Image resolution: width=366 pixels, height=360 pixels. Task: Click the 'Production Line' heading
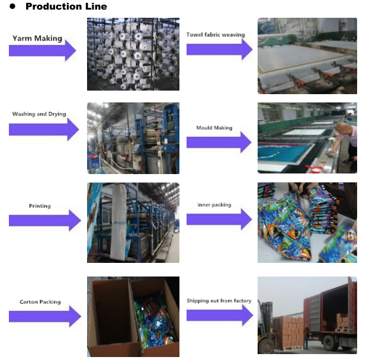[66, 7]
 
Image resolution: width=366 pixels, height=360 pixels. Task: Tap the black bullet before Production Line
[12, 7]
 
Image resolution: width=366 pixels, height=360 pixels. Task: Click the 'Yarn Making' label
[37, 38]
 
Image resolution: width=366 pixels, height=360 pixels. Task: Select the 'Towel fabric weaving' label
[216, 34]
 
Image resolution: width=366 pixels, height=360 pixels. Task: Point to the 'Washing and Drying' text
[39, 114]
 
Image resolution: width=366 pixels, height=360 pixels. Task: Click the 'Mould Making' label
[214, 127]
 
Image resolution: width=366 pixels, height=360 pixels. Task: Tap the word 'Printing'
[40, 206]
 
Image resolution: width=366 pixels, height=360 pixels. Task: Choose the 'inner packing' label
[214, 205]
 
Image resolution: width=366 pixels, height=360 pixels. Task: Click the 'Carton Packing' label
[39, 302]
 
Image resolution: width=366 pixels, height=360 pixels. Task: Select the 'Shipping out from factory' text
[219, 301]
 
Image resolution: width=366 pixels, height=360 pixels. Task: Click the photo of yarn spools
[133, 54]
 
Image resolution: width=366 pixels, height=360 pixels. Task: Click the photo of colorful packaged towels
[307, 223]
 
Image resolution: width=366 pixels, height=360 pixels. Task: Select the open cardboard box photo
[133, 316]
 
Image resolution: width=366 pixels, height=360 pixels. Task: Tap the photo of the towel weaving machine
[307, 56]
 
